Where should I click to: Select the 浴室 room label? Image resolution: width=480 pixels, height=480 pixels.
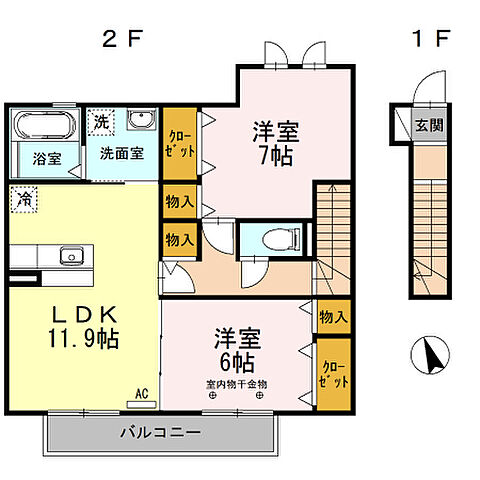click(x=46, y=158)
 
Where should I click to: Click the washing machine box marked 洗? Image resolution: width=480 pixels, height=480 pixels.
click(x=100, y=122)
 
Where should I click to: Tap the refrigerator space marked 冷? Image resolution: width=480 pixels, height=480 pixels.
click(x=23, y=198)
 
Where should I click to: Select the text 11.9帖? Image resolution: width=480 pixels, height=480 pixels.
click(x=83, y=338)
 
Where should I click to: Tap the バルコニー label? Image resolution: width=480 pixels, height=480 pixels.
click(x=160, y=434)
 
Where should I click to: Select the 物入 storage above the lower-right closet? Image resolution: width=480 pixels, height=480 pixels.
click(x=333, y=317)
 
